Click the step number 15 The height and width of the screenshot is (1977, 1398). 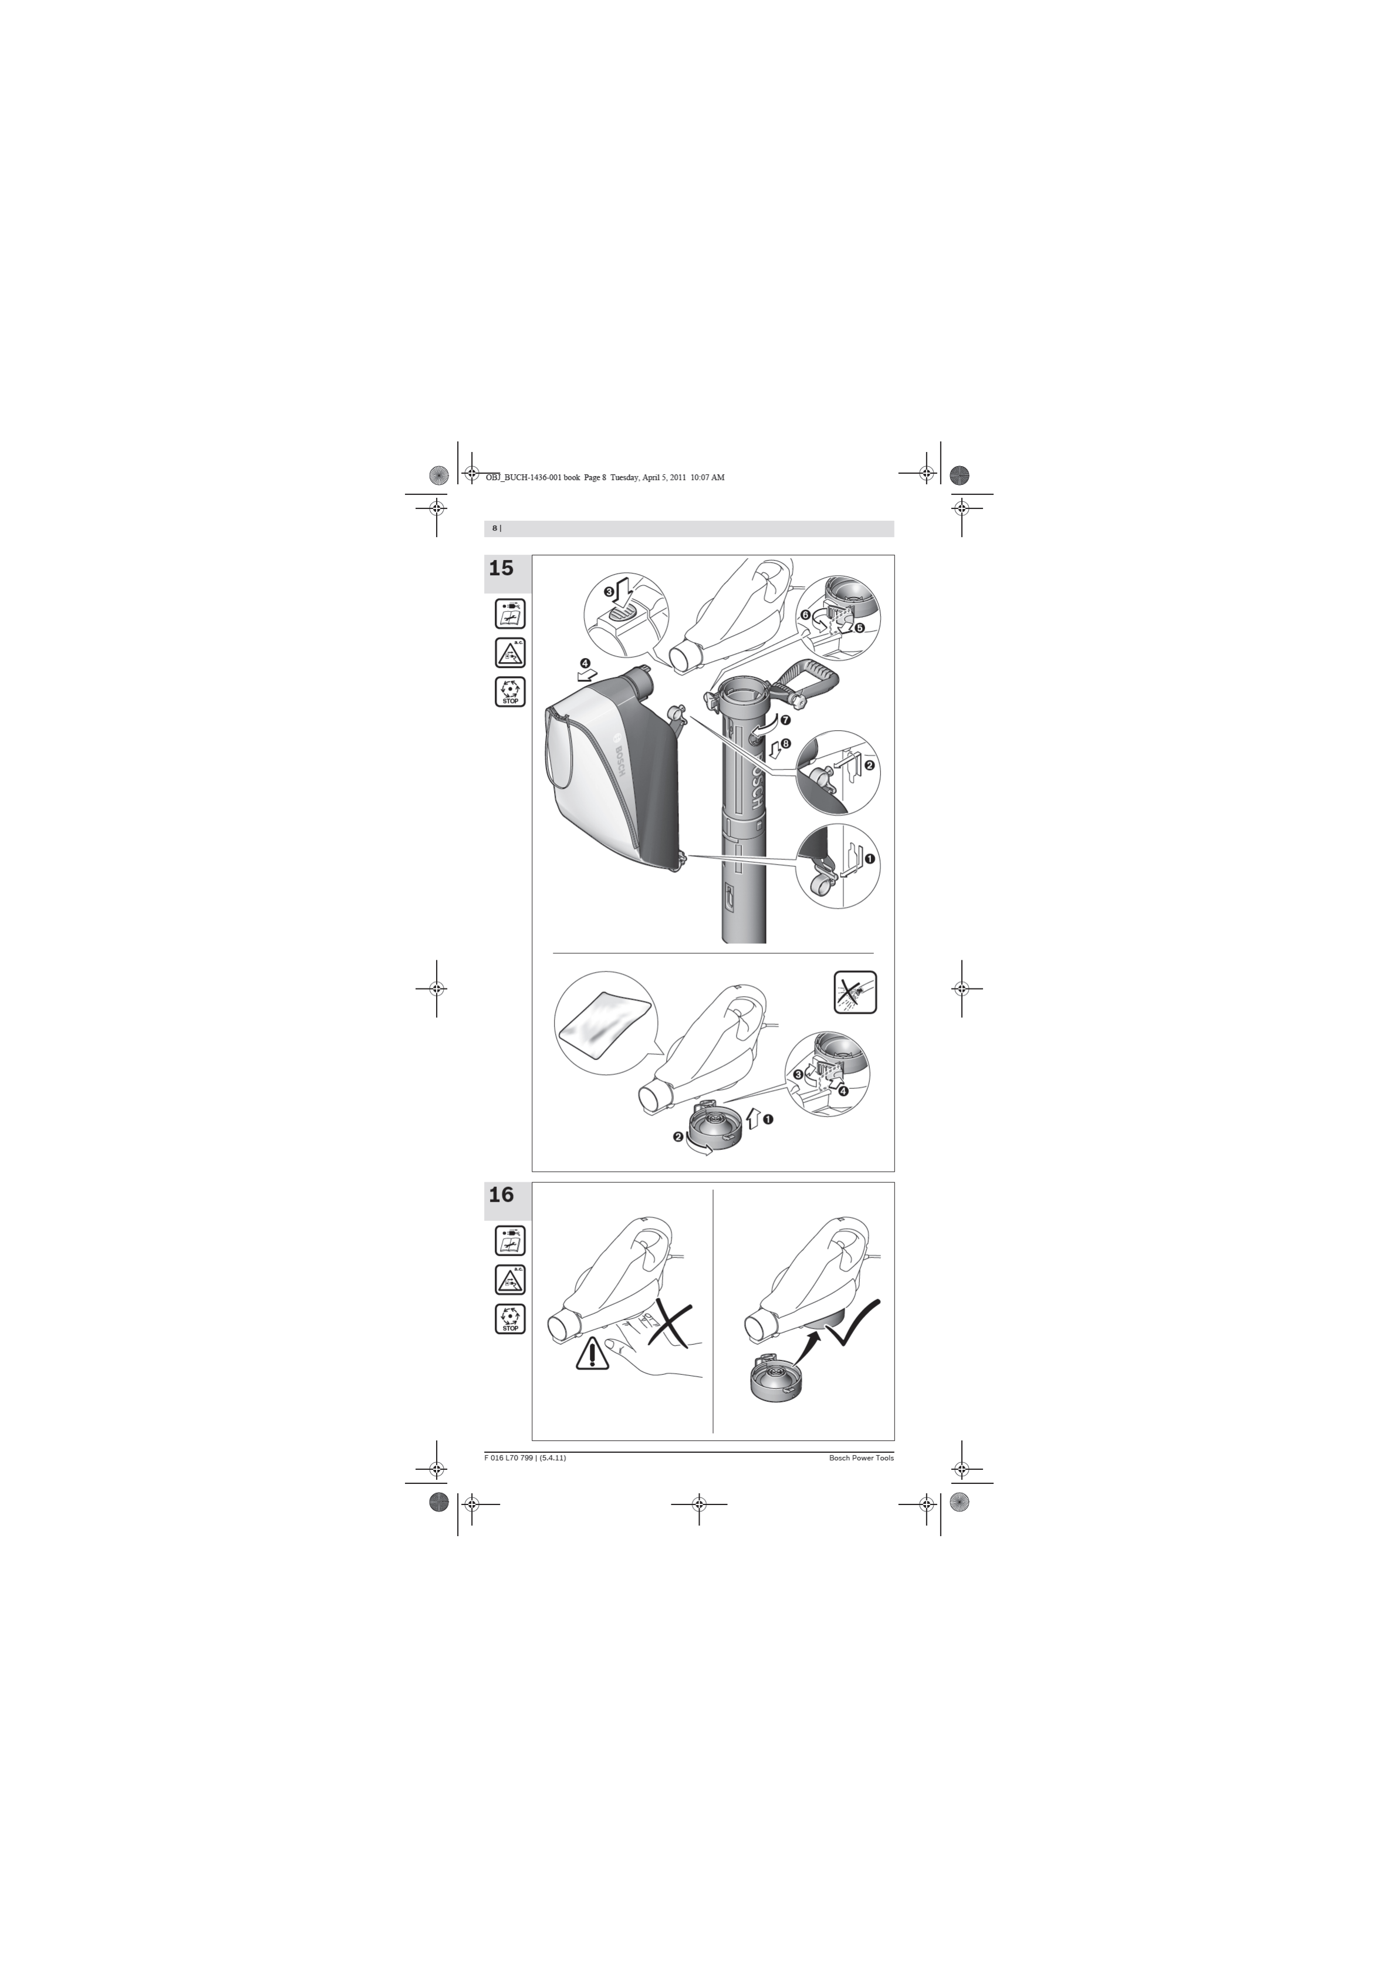(x=501, y=568)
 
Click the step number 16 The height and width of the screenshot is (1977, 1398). (x=501, y=1195)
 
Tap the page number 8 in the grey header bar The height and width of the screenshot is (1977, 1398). (x=494, y=528)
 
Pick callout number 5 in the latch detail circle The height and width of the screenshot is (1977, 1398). (x=859, y=627)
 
